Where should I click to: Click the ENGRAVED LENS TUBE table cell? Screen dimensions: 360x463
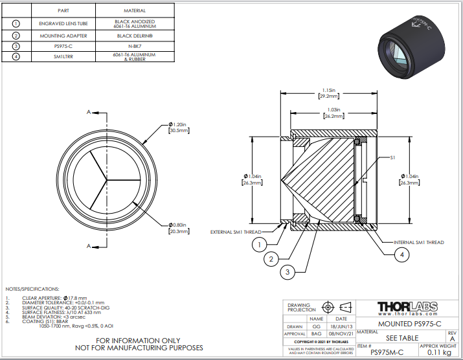[63, 23]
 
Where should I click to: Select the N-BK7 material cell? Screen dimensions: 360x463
[135, 46]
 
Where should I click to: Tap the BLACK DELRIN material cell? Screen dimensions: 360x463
[135, 35]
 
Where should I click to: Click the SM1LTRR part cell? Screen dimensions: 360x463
[63, 57]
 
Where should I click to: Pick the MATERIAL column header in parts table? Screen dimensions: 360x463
[135, 11]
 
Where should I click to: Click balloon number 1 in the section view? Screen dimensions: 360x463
[258, 245]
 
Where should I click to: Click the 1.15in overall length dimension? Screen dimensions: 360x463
[329, 93]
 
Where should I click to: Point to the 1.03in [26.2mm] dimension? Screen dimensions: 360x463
[330, 113]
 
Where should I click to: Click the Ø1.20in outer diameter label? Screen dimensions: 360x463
[179, 127]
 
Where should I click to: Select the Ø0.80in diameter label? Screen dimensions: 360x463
[179, 227]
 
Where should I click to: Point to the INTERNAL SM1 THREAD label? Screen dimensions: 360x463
[419, 242]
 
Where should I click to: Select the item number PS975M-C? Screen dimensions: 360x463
[386, 352]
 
